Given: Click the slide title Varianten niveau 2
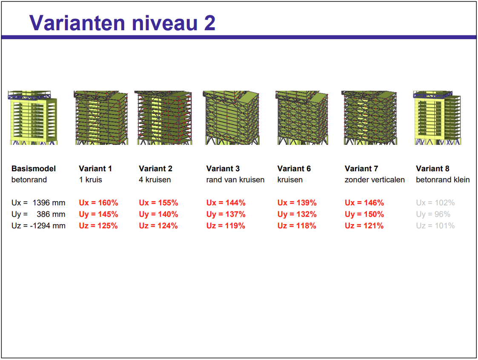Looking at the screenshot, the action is point(122,23).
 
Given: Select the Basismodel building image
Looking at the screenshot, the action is point(33,118).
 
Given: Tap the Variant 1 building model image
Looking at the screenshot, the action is point(101,118).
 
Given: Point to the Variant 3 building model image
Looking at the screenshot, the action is point(231,118).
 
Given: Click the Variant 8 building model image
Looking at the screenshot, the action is point(437,118).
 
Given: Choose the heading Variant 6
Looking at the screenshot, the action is point(294,169).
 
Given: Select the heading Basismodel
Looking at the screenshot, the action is point(34,169).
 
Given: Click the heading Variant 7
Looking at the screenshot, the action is point(361,169).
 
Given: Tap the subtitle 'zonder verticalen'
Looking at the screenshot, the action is point(375,180).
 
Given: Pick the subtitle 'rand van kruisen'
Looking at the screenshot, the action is point(235,180).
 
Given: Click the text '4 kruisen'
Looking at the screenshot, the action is point(155,180).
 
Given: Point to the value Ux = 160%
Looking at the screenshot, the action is point(98,202).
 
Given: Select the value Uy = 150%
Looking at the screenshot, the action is point(364,214).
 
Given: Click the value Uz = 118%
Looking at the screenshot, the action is point(297,226).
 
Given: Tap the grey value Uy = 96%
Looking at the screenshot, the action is point(433,214).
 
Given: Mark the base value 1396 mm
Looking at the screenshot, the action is point(49,202).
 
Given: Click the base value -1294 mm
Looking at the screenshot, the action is point(48,226).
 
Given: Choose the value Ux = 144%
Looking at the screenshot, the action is point(226,202).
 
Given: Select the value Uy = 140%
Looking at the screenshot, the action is point(158,214).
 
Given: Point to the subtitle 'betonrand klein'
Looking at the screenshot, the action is point(443,180).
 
